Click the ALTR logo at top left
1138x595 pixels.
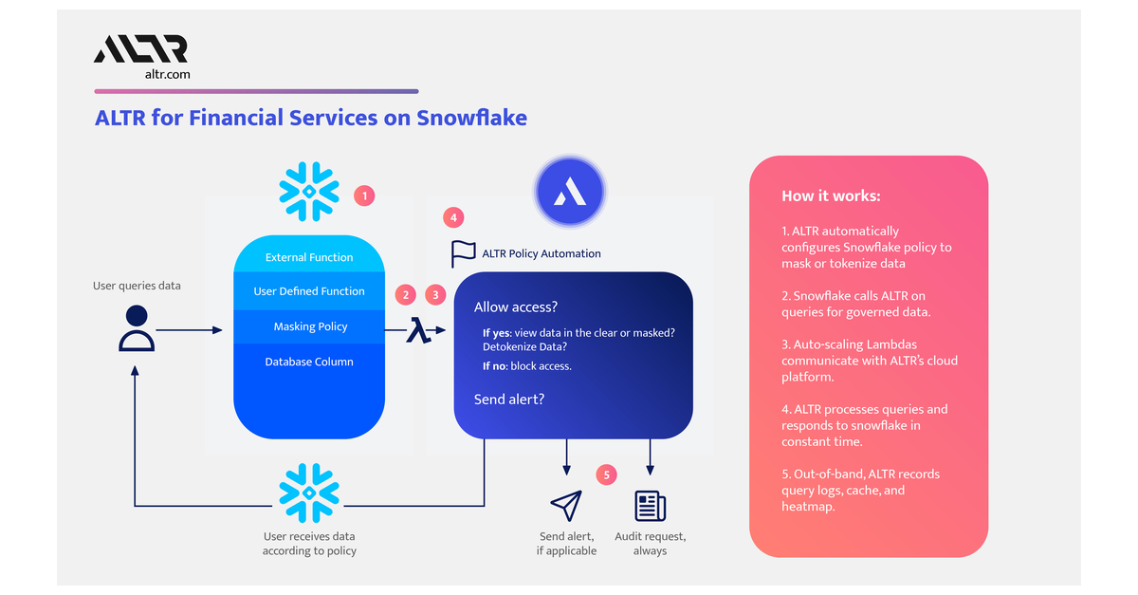[140, 49]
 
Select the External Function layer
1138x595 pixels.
[309, 257]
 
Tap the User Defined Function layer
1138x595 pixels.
[309, 291]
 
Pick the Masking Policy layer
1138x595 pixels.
[310, 326]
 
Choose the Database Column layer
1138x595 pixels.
[309, 362]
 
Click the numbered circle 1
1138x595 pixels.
[364, 196]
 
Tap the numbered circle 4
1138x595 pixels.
[454, 217]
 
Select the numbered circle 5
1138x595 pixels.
[607, 474]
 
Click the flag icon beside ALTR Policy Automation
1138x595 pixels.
[463, 253]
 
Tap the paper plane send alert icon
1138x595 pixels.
[566, 506]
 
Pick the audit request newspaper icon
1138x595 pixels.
[651, 506]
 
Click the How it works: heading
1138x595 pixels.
[831, 195]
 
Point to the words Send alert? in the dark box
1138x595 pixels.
[509, 400]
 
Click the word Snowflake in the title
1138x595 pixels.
[472, 118]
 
